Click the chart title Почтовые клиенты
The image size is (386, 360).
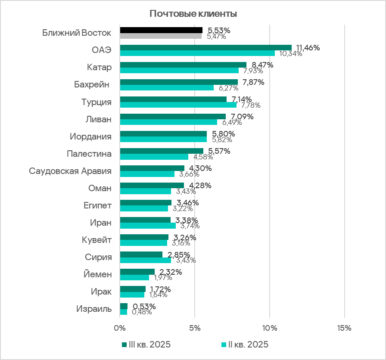pos(193,14)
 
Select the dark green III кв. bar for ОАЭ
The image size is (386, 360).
pos(205,47)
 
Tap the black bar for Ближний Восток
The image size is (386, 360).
pos(161,30)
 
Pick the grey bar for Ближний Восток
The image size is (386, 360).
pos(160,36)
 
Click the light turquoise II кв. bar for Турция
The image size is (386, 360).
pos(178,105)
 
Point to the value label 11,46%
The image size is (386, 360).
pos(308,48)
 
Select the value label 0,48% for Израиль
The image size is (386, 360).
pos(142,312)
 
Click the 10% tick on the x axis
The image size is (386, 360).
pos(270,328)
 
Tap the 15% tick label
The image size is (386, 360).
pos(345,328)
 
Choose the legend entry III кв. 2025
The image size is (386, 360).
pos(146,345)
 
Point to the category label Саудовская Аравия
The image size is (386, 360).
pos(70,171)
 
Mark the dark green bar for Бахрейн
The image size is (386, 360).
pos(178,82)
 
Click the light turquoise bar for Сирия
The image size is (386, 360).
pos(145,260)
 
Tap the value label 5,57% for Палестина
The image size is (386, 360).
pos(219,151)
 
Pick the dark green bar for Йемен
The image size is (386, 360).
pos(137,272)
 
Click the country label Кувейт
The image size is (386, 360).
pos(97,240)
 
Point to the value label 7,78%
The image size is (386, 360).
pos(249,105)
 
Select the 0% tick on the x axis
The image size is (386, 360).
pos(120,328)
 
